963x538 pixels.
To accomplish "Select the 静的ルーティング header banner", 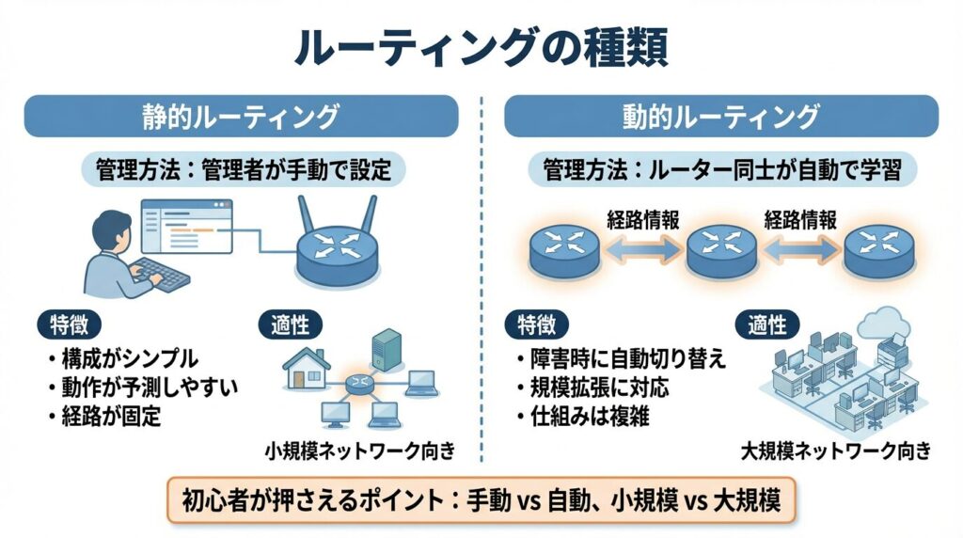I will tap(241, 117).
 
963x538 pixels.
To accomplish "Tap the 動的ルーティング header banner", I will tap(721, 117).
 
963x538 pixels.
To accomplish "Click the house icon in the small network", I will tap(307, 371).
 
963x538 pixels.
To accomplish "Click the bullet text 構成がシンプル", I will tap(128, 358).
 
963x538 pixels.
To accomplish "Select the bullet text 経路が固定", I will tap(109, 415).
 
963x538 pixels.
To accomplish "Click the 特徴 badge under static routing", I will tap(66, 324).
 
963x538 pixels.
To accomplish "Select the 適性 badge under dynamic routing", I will tap(766, 324).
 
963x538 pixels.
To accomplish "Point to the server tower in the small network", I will tap(386, 347).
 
